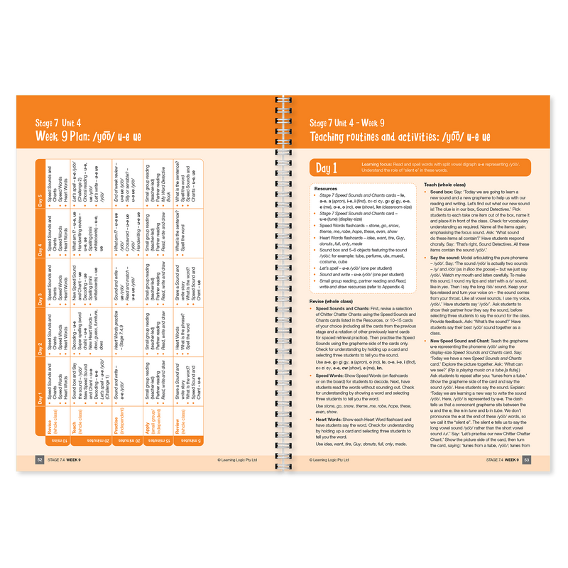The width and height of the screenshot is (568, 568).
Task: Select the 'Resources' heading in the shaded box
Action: pos(326,189)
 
